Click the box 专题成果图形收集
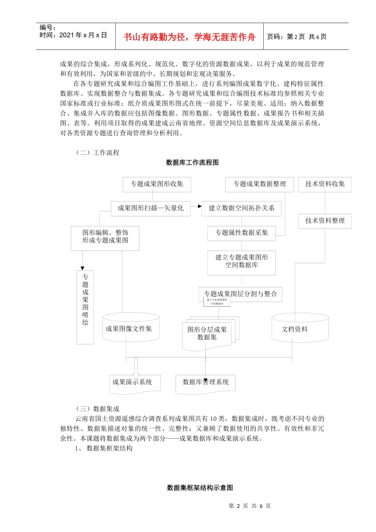[157, 184]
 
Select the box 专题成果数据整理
[259, 184]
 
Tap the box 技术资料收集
[325, 184]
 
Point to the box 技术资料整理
[325, 221]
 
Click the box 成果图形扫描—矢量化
[150, 208]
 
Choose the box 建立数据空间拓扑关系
[241, 208]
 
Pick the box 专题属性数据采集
[241, 233]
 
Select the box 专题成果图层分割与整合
[240, 294]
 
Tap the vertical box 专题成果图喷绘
[85, 307]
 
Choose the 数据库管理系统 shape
[205, 383]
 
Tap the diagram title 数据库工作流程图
[192, 163]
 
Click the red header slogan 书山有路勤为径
[189, 37]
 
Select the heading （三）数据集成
[97, 409]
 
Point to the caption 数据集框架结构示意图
[199, 488]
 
